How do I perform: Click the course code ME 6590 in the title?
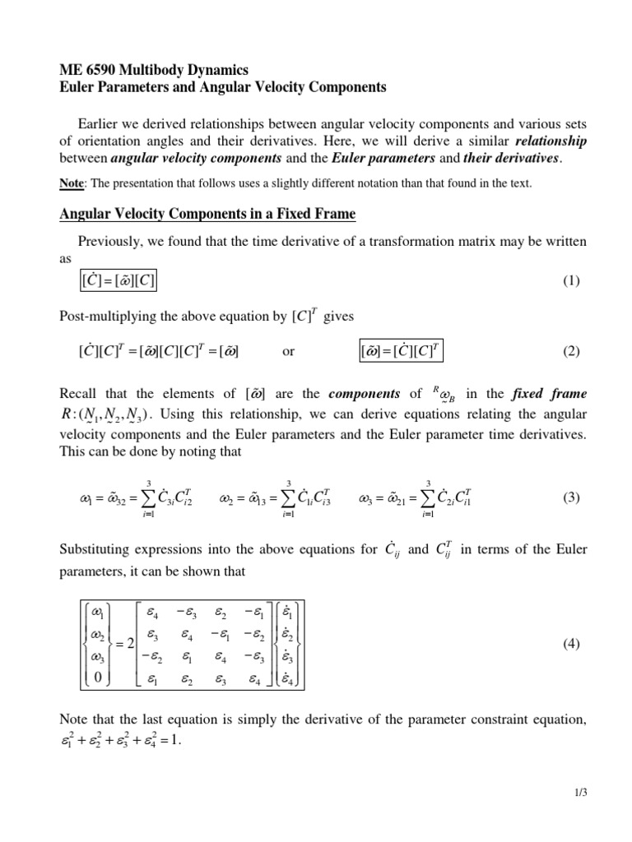click(x=91, y=70)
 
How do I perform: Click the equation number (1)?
click(x=572, y=280)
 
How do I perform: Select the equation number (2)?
click(x=572, y=351)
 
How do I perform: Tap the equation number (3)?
click(x=572, y=497)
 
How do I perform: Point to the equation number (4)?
click(x=572, y=645)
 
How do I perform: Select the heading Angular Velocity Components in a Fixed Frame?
click(x=208, y=215)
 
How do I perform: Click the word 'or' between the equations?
click(x=288, y=352)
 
